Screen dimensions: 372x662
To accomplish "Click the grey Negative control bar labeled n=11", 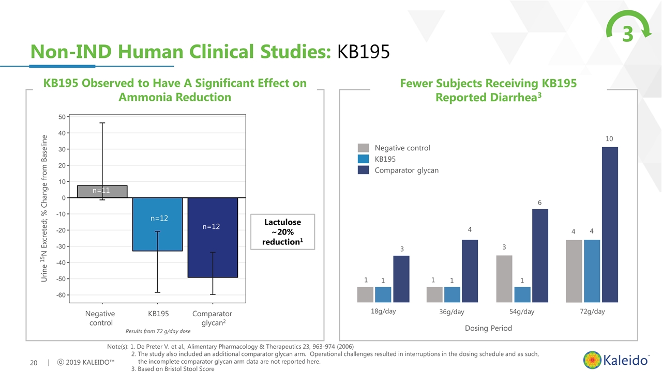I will point(102,191).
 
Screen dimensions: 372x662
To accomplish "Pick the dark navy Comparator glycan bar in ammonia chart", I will point(213,238).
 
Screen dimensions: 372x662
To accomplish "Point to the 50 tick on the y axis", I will point(61,117).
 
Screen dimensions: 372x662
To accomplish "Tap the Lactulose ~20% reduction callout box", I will point(282,232).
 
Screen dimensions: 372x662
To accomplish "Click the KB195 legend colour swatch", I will point(363,159).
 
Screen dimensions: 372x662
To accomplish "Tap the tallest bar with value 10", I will point(610,224).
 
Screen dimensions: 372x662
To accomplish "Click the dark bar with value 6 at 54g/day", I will point(539,255).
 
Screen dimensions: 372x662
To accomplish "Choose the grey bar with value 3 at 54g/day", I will point(504,278).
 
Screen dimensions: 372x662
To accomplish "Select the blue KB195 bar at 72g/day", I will point(592,271).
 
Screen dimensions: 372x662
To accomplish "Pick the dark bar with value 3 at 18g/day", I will point(401,278).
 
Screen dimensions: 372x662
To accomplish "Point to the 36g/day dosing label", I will point(452,312).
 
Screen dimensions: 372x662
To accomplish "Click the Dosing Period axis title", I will point(488,328).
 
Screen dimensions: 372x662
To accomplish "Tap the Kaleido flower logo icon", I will point(593,360).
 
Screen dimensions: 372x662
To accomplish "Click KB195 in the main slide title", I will point(363,52).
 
